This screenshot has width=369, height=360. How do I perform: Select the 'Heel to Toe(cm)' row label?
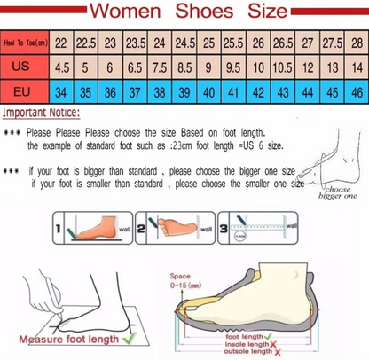coord(25,43)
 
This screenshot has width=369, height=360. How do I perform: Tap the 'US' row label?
coord(25,67)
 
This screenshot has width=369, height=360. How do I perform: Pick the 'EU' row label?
coord(25,91)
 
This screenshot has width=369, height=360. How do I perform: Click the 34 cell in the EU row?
coord(62,91)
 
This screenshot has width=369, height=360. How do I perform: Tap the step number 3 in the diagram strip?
coord(224,229)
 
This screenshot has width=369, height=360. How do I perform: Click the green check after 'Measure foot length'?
coord(129,337)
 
